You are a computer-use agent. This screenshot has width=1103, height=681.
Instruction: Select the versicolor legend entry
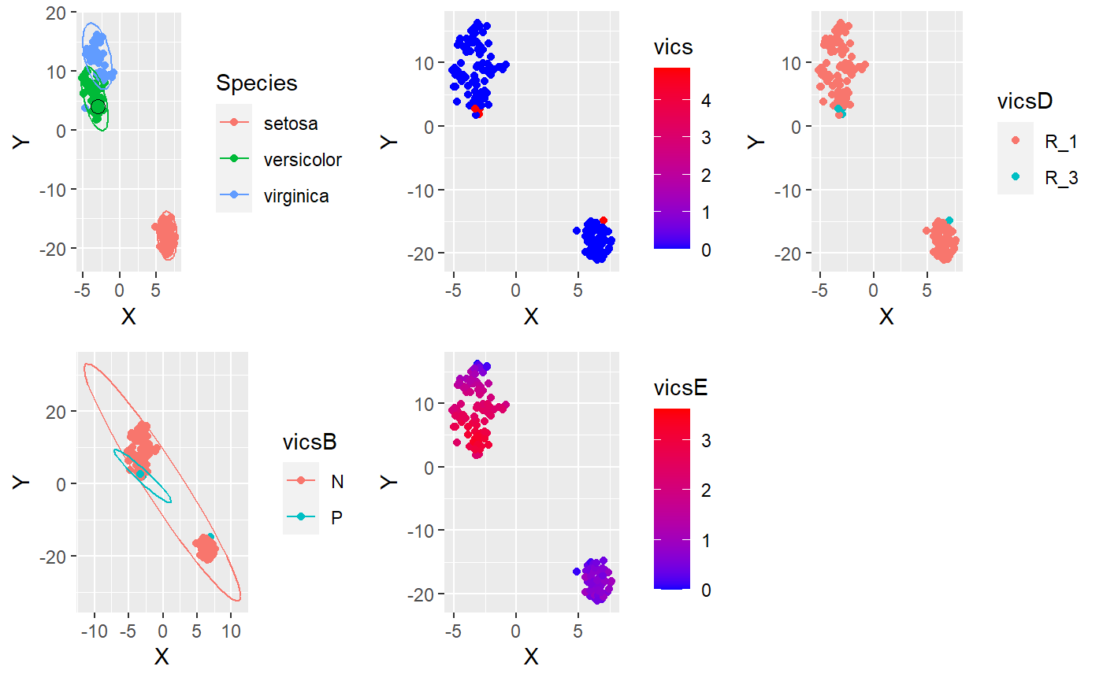pyautogui.click(x=303, y=160)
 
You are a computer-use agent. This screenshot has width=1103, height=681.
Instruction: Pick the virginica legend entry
pyautogui.click(x=296, y=196)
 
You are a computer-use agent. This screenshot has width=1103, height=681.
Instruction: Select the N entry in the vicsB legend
pyautogui.click(x=337, y=480)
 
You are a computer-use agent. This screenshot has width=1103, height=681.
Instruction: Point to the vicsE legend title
pyautogui.click(x=683, y=388)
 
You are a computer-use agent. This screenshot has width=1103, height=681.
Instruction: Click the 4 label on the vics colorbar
pyautogui.click(x=705, y=101)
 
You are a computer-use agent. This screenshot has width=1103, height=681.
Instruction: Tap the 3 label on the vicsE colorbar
pyautogui.click(x=705, y=441)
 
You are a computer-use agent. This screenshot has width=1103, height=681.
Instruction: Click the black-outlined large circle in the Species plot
pyautogui.click(x=98, y=107)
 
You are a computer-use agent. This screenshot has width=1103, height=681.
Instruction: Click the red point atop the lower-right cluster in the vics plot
pyautogui.click(x=603, y=220)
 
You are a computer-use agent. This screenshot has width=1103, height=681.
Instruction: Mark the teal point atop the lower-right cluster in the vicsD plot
pyautogui.click(x=949, y=220)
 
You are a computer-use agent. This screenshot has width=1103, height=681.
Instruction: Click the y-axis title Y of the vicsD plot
pyautogui.click(x=757, y=142)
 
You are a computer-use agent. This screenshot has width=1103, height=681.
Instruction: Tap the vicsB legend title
pyautogui.click(x=310, y=442)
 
